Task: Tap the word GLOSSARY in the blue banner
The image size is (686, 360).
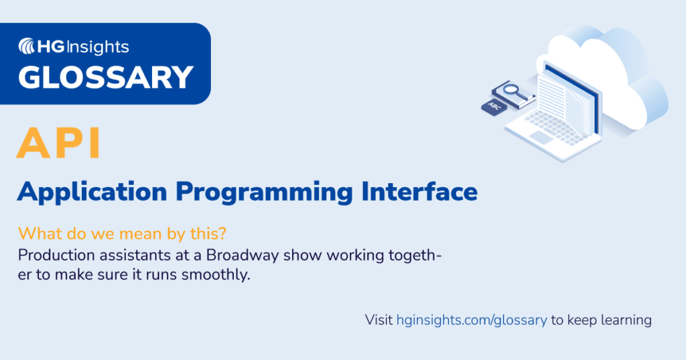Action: click(106, 77)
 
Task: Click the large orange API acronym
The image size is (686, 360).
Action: click(59, 143)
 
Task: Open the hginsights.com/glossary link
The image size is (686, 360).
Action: click(472, 320)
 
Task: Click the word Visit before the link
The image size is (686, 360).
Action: click(379, 320)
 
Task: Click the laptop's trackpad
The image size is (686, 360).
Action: click(541, 137)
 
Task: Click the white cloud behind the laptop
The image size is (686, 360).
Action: click(603, 60)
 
